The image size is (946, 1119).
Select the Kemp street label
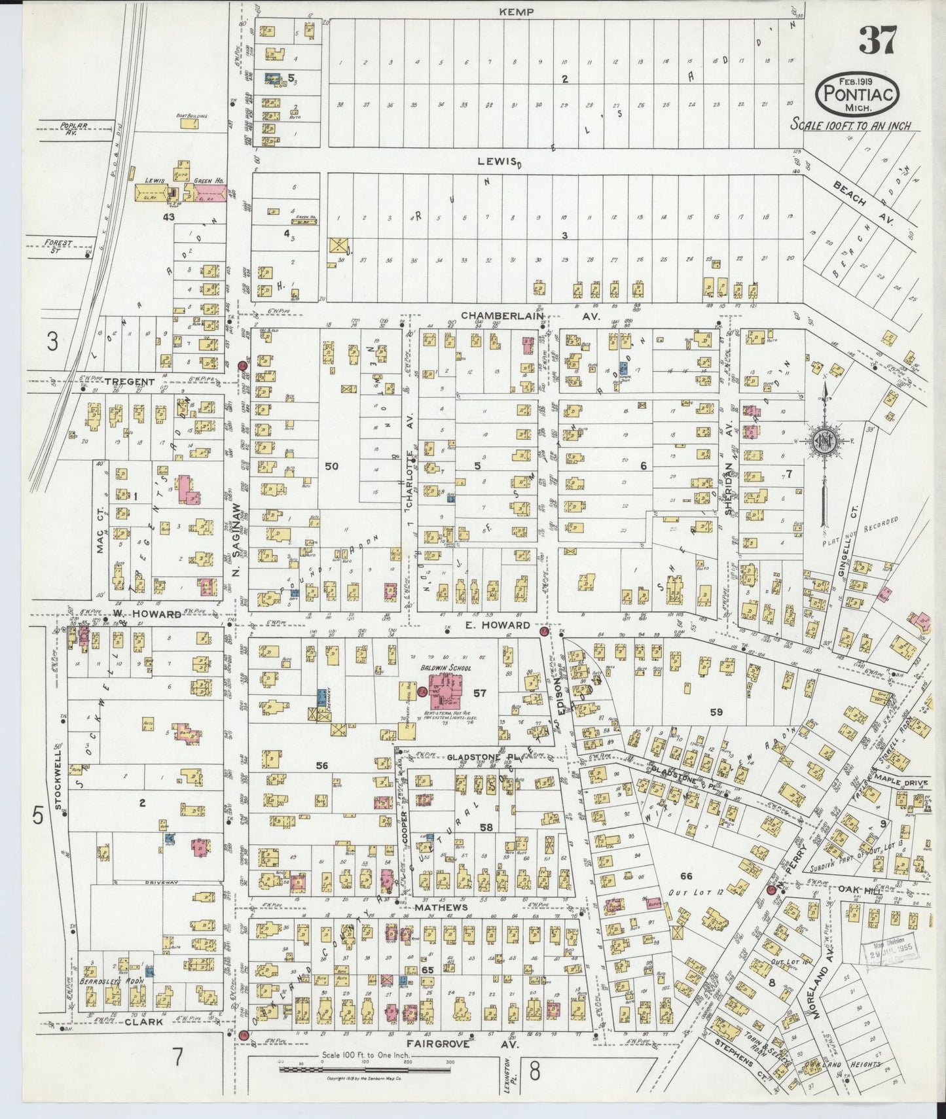[x=517, y=11]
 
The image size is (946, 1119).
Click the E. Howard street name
[x=496, y=624]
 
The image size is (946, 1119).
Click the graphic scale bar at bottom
[x=363, y=1069]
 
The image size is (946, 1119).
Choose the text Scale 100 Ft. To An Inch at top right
[x=850, y=126]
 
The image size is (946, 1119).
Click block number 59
[x=716, y=712]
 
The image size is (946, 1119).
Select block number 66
[x=686, y=876]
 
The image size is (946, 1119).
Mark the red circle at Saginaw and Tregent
[x=242, y=366]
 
